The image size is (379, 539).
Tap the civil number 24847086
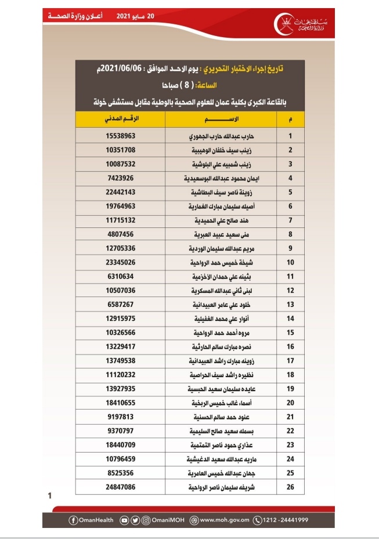coord(121,487)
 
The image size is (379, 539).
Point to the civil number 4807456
coord(121,234)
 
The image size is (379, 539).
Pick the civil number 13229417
coord(121,347)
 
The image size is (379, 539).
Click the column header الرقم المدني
coord(121,120)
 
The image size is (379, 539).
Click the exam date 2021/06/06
coord(124,70)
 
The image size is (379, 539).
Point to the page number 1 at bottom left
coord(50,495)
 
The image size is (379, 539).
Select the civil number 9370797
coord(121,431)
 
